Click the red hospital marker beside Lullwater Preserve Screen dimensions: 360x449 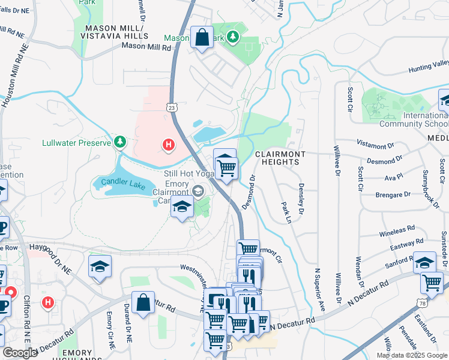point(169,145)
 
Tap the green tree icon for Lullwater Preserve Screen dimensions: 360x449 point(121,142)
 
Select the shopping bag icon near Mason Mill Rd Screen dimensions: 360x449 point(202,38)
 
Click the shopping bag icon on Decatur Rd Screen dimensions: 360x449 point(143,304)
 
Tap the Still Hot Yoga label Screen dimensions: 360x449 point(190,173)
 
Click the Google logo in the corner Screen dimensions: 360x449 point(20,353)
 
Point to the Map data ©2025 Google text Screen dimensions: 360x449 point(411,355)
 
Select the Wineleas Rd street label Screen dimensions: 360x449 point(397,229)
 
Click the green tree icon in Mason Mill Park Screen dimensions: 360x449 point(234,37)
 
